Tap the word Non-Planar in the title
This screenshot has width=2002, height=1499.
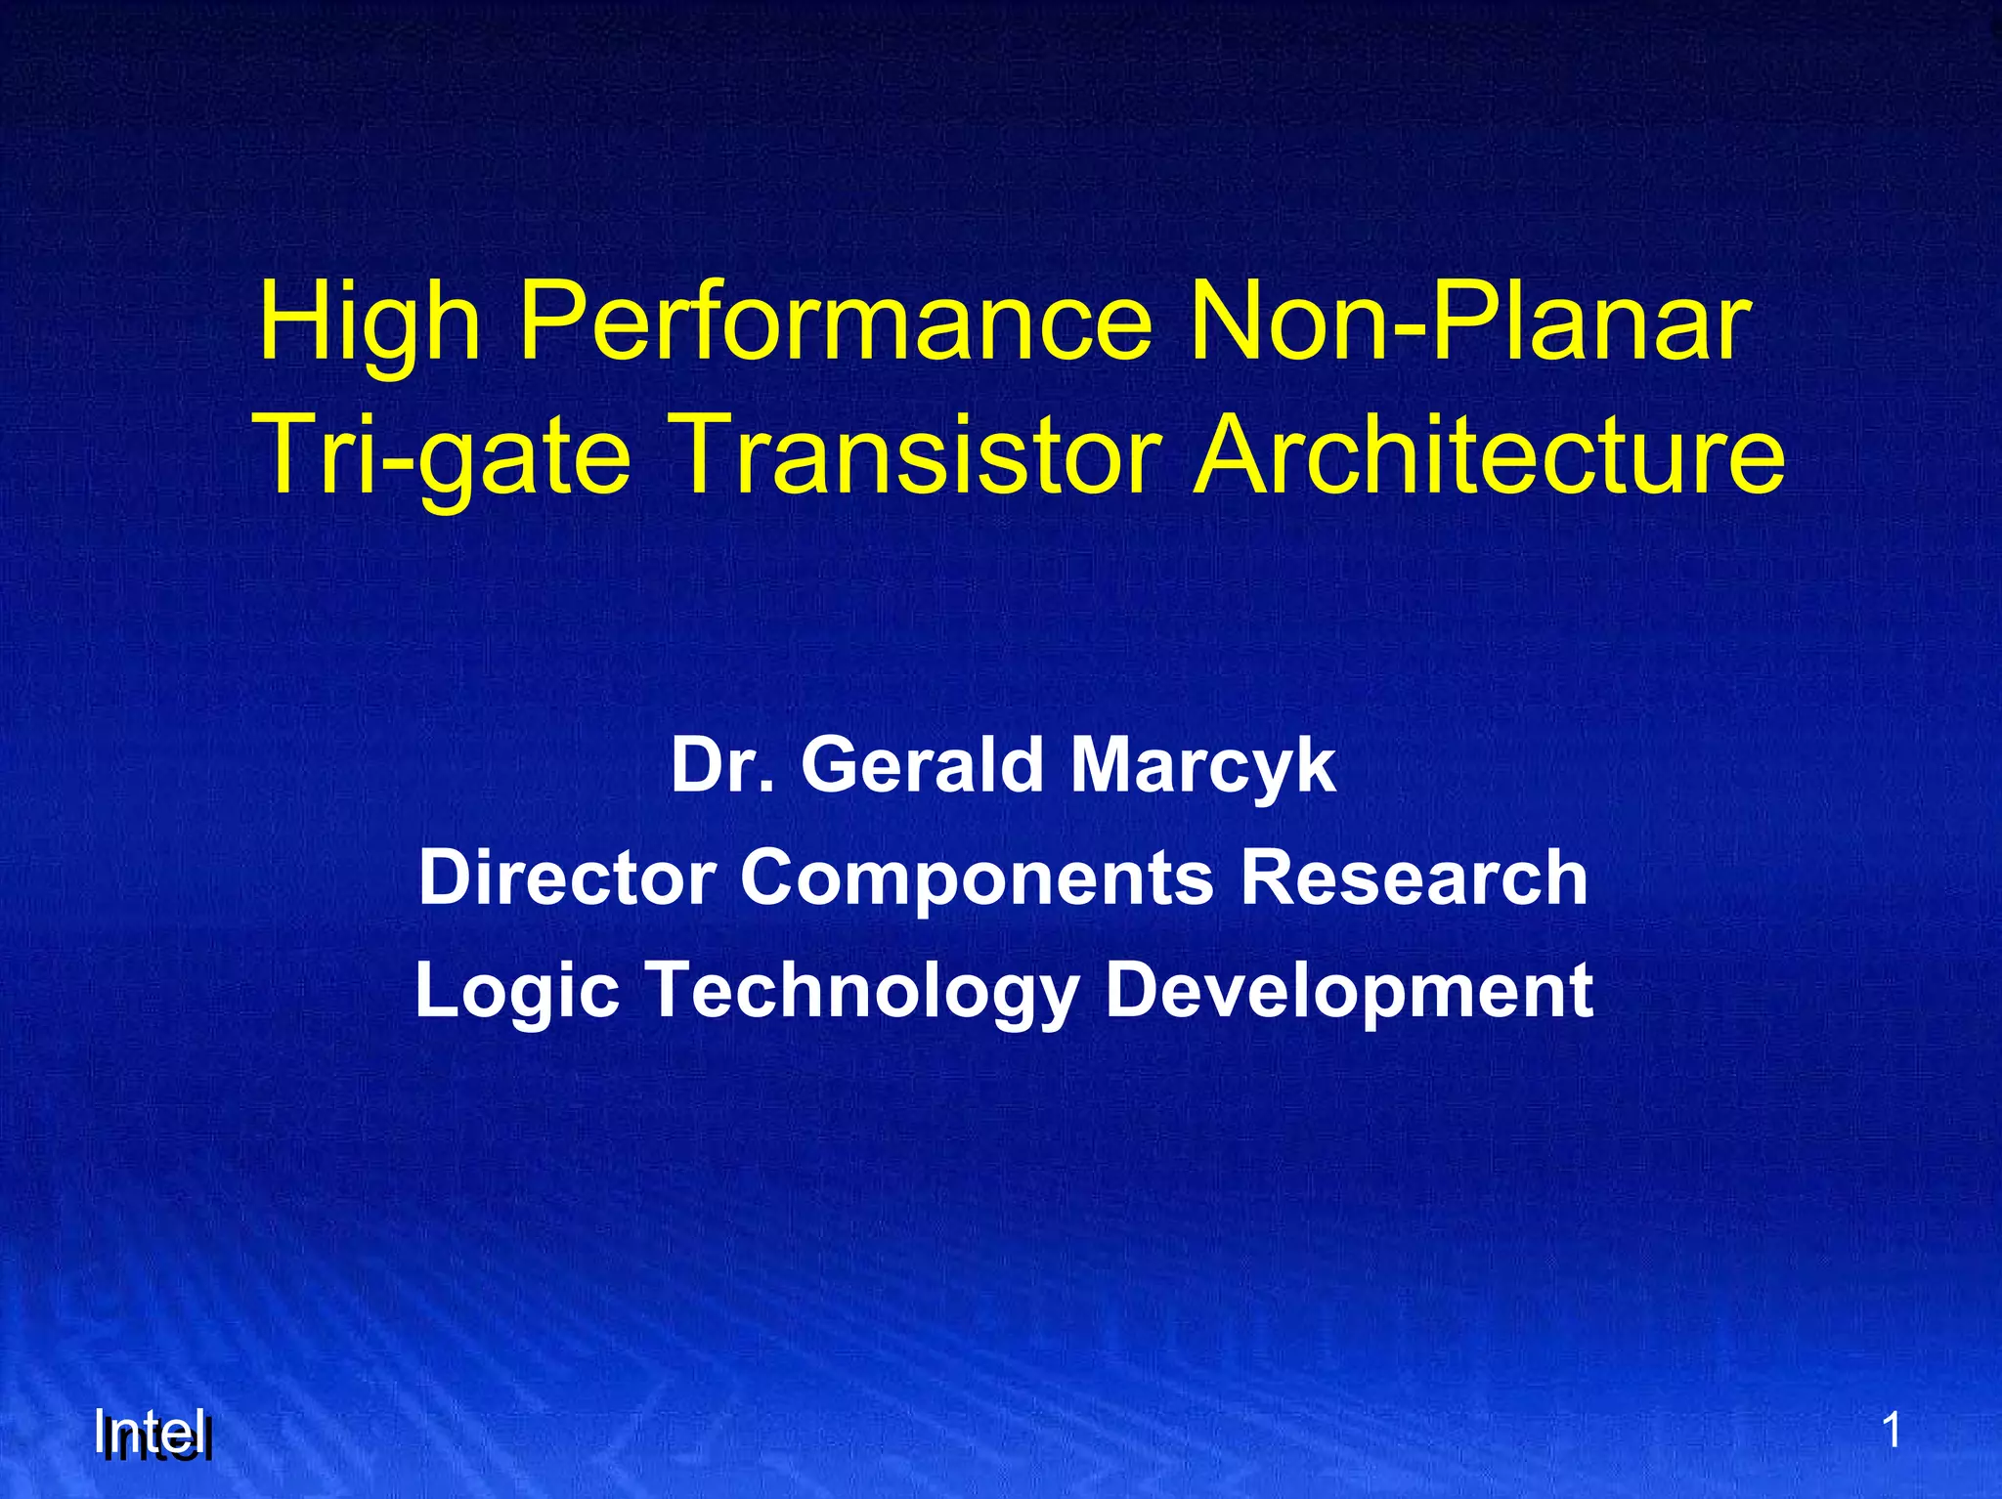(x=1466, y=322)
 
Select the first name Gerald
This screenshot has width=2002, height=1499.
(x=925, y=766)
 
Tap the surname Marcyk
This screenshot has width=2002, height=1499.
(x=1202, y=768)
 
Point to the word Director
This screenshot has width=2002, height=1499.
(x=567, y=878)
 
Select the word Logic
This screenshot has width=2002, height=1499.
(x=517, y=991)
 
